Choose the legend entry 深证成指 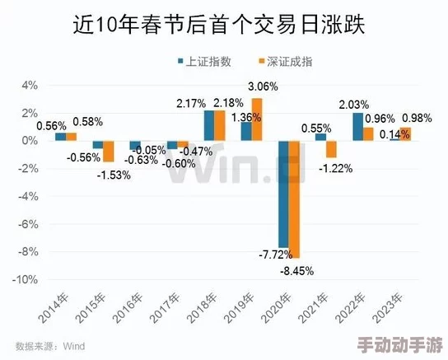271,62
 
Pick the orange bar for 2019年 257,119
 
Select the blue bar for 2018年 209,125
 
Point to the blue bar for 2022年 357,126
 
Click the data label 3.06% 263,86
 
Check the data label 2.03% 353,104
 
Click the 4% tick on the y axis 30,85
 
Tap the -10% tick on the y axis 26,279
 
